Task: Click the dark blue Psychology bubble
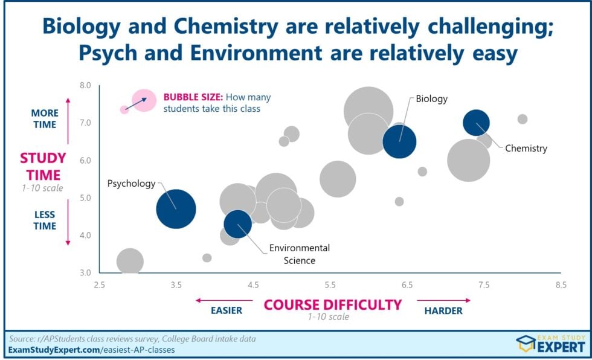176,209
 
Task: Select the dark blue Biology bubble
399,141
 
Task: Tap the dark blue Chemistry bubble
476,123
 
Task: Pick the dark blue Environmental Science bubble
237,223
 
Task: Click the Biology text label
431,99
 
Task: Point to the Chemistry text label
526,148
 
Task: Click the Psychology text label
131,183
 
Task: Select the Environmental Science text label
300,254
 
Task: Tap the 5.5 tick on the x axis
330,284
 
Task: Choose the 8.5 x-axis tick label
561,284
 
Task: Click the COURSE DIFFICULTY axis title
333,304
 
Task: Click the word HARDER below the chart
443,311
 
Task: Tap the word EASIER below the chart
227,311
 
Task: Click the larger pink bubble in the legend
144,100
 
